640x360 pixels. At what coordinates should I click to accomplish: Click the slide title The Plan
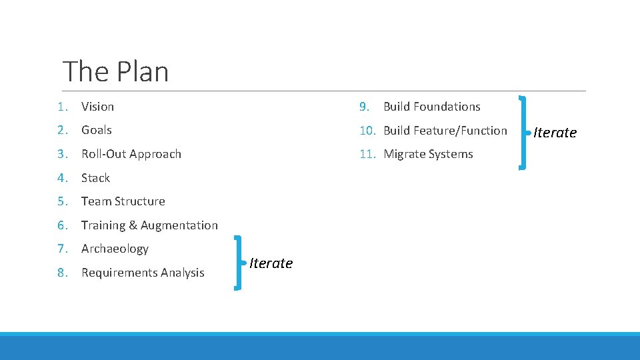(115, 71)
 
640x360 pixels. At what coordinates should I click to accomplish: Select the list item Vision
(97, 107)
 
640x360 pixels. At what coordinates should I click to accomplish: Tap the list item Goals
(96, 130)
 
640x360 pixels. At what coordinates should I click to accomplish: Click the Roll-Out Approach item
(131, 154)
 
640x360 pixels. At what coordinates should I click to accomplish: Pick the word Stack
(95, 178)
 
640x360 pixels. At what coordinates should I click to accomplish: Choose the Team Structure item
(123, 201)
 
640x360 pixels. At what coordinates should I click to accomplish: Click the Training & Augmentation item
(149, 225)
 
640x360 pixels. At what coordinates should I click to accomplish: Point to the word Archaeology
(115, 249)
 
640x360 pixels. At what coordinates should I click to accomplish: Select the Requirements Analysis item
(143, 273)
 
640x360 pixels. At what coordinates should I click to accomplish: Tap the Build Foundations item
(431, 107)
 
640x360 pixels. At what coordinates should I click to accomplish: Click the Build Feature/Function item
(445, 131)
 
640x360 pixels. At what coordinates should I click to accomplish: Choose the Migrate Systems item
(428, 154)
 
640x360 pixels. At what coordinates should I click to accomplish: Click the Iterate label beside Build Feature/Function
(555, 133)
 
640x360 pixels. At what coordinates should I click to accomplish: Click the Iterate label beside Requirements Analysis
(271, 263)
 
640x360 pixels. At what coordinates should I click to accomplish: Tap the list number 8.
(63, 273)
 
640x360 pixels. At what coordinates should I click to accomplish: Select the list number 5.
(63, 201)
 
